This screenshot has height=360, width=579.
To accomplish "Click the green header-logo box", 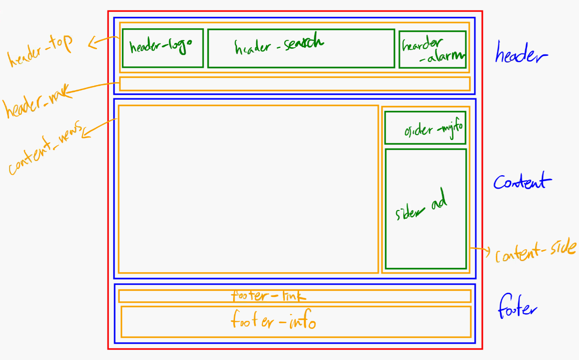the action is pos(162,48).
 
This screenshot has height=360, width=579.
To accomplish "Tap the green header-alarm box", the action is pos(432,49).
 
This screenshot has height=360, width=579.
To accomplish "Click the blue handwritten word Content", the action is pos(522,181).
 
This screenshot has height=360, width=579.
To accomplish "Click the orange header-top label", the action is pos(40,51).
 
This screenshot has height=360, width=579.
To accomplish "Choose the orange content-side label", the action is pos(536,252).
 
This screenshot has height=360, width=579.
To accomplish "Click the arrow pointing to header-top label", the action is pos(103,42).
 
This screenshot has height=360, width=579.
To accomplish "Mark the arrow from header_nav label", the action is pos(93,87).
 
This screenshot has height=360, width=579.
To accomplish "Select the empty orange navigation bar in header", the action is pos(294,84).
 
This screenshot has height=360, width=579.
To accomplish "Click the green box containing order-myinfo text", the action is pos(425,127).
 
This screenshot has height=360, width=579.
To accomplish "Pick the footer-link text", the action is pos(268,296).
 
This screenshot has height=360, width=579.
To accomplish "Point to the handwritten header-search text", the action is pos(279,45).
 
